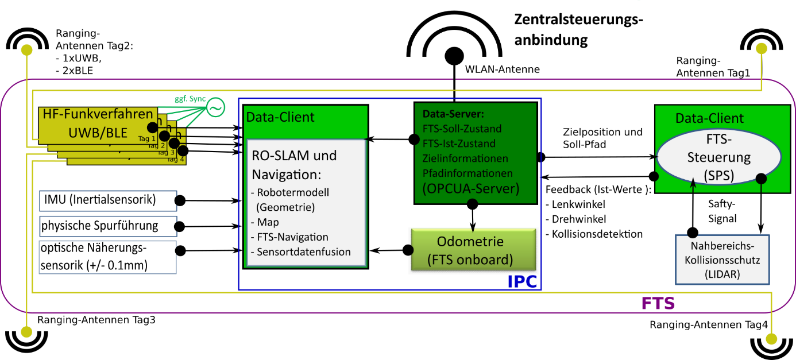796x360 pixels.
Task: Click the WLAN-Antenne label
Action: click(502, 69)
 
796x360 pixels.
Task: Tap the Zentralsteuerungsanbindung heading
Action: click(578, 30)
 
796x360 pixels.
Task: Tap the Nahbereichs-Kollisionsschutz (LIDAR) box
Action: click(722, 260)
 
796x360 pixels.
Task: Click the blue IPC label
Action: click(523, 281)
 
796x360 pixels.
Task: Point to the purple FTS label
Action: click(658, 303)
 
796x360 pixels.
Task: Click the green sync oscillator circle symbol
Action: click(215, 108)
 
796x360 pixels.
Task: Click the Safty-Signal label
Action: click(721, 211)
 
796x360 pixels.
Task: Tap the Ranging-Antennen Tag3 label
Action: click(96, 320)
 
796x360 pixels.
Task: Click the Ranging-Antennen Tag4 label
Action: click(708, 325)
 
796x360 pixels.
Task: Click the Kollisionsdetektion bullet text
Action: click(594, 234)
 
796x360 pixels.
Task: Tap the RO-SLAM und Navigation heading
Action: click(295, 164)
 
